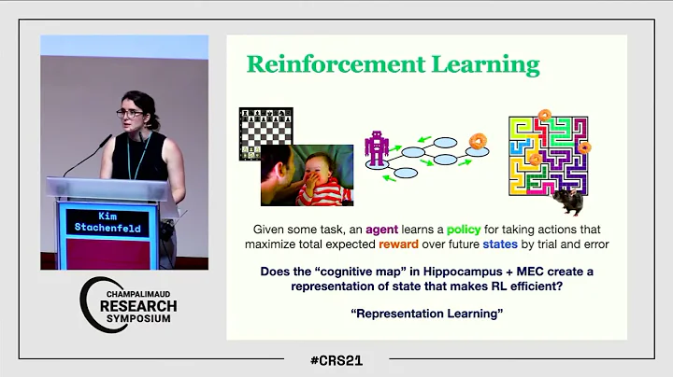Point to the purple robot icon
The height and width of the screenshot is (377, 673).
[x=378, y=149]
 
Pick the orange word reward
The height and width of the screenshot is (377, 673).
[x=425, y=244]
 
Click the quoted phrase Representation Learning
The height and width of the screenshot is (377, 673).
[x=425, y=313]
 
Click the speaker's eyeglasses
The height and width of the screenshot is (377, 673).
[x=130, y=113]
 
